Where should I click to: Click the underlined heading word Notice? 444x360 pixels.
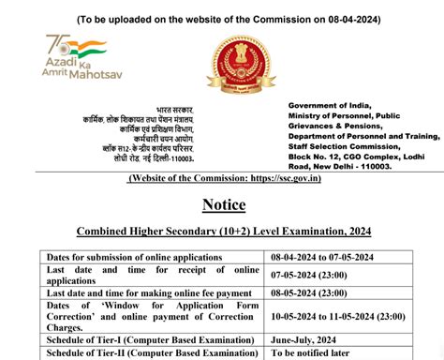222,204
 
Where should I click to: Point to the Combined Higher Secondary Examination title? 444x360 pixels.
222,232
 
